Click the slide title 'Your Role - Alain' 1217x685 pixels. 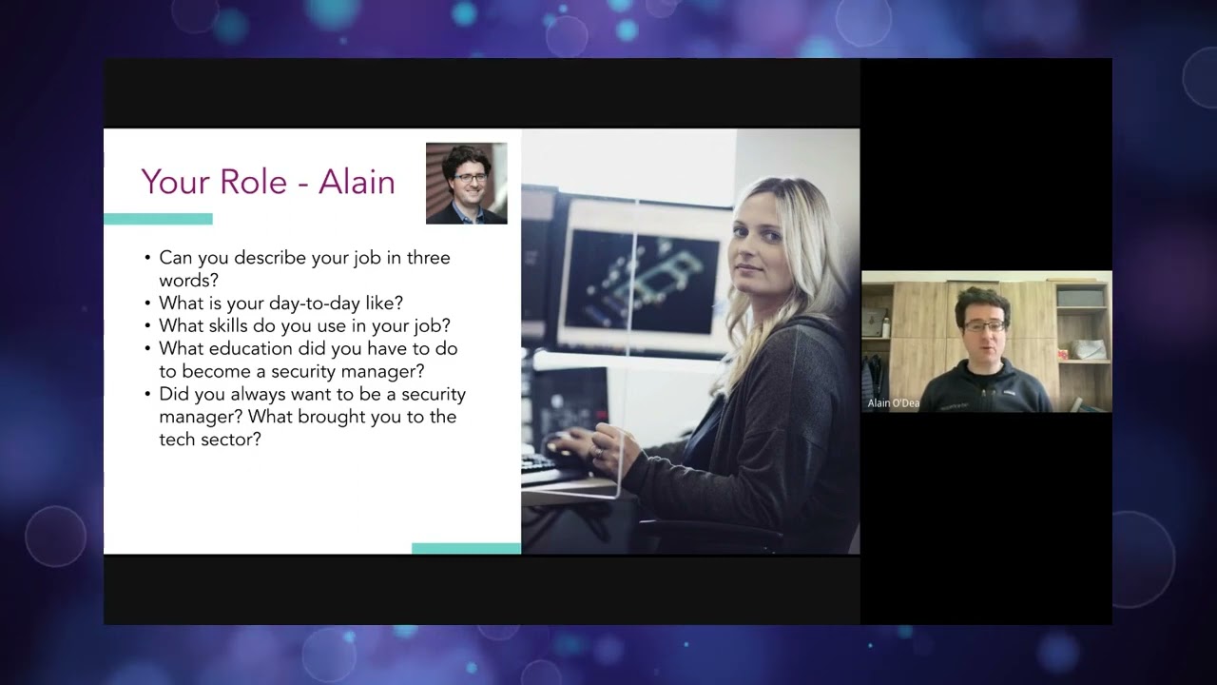coord(268,182)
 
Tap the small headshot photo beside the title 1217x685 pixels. coord(466,184)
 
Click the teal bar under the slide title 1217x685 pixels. coord(158,219)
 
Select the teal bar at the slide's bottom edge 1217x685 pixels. coord(466,548)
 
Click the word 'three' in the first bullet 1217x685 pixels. coord(428,258)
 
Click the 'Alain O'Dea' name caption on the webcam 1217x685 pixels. coord(893,403)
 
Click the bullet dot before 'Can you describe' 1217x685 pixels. coord(147,258)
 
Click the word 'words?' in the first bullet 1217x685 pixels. coord(189,280)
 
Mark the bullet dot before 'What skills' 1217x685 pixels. coord(147,325)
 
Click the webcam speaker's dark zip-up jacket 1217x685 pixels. coord(989,390)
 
